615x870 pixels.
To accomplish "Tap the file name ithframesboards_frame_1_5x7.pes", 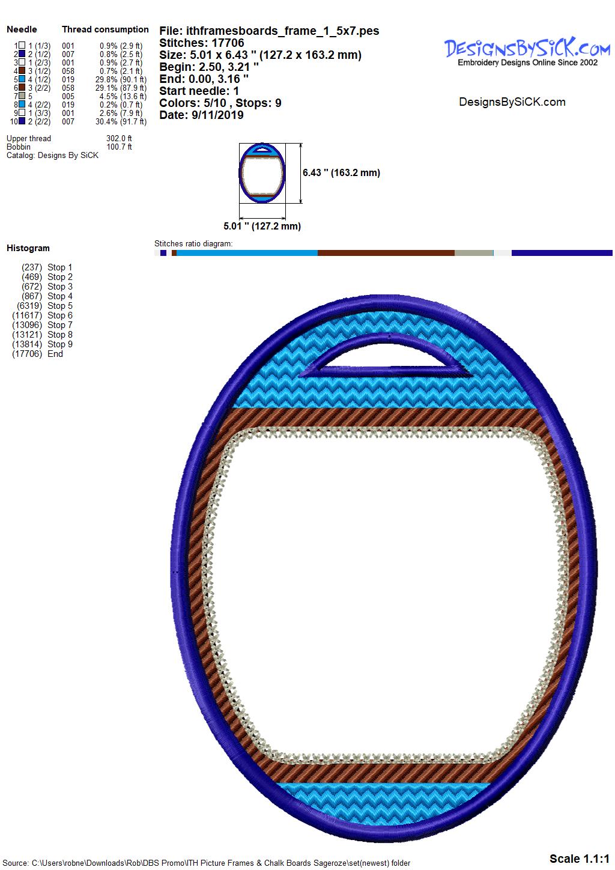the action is pyautogui.click(x=283, y=31).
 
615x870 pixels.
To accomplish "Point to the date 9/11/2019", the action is pyautogui.click(x=217, y=115).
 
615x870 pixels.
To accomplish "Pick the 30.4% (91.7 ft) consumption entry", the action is pyautogui.click(x=121, y=121).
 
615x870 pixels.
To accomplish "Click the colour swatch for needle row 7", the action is pyautogui.click(x=22, y=96).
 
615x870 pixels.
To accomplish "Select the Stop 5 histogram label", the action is pyautogui.click(x=60, y=306).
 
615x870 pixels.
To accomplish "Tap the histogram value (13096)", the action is pyautogui.click(x=27, y=324).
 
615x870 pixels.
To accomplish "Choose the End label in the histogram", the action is pyautogui.click(x=55, y=354).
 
